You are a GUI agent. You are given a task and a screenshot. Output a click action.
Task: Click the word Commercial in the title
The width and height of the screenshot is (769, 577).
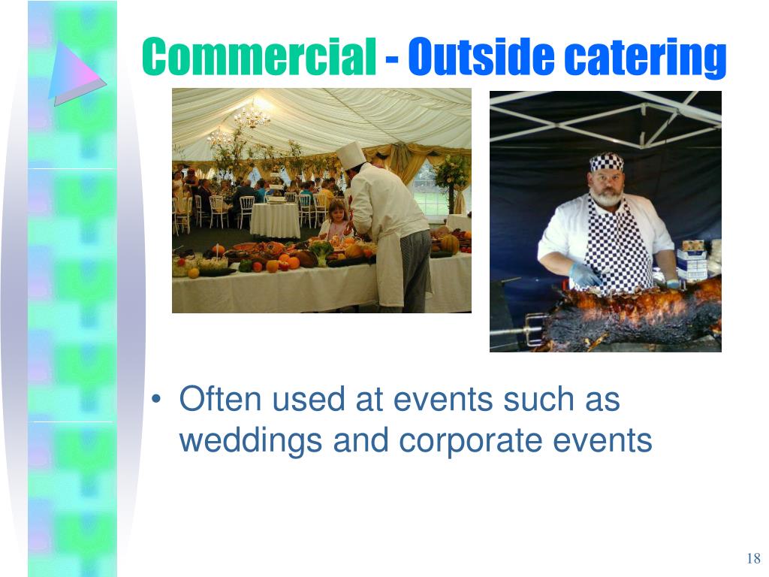pos(259,57)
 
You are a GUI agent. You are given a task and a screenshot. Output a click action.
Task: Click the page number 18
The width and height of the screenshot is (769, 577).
pos(753,558)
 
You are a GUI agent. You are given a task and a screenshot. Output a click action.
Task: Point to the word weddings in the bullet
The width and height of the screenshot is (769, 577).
pos(251,440)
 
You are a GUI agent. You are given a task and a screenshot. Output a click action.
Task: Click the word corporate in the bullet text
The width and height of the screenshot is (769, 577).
pos(475,440)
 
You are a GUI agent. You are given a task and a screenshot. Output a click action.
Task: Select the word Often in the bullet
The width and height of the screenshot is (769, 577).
pos(221,399)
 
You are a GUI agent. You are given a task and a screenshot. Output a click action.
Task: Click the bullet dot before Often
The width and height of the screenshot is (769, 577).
pos(155,400)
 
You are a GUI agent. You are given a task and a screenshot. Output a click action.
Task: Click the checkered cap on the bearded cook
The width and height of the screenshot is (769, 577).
pos(606,162)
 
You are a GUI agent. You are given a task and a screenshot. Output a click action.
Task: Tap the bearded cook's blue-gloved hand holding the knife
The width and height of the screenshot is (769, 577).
pos(583,275)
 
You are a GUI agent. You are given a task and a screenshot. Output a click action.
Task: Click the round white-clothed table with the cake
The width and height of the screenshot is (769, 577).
pos(275,219)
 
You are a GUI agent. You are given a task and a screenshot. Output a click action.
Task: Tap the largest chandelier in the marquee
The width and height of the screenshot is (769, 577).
pos(252,116)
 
